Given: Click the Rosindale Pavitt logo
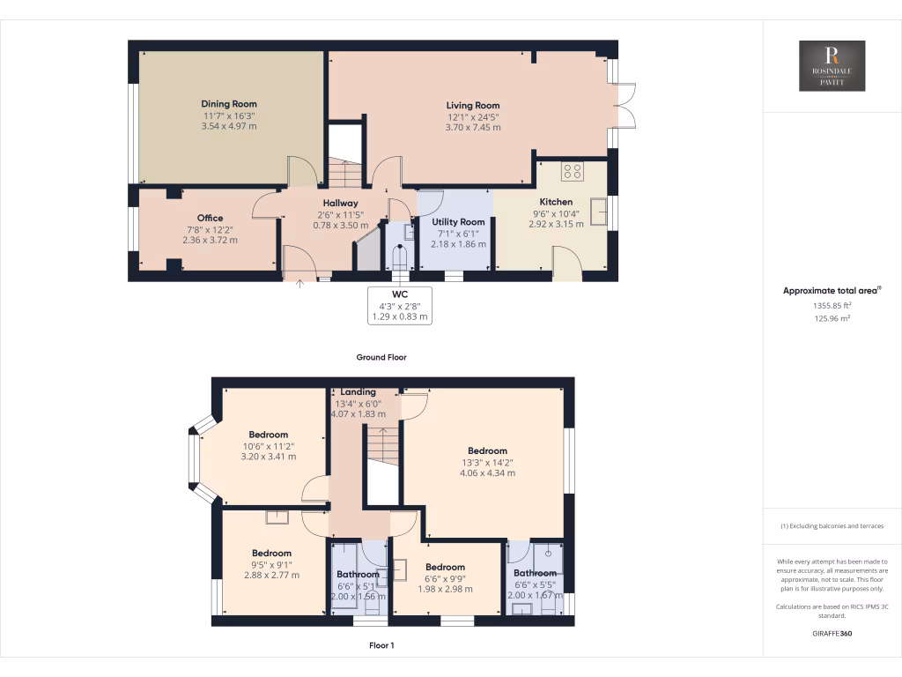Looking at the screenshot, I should coord(832,66).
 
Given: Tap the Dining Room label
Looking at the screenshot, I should coord(228,104).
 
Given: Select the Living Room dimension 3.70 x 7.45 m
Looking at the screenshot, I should coord(473,128).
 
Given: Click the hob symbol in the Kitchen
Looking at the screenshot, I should coord(572,172).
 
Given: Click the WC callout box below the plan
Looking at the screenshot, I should coord(400,304).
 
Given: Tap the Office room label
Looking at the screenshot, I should coord(210,218).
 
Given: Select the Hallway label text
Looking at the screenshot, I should coord(339,203).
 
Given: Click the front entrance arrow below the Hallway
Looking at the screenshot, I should coord(299,284).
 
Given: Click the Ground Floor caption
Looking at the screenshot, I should coord(381,358).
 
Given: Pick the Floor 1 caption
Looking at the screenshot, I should coord(381,645).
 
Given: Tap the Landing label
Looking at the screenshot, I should coord(358,392).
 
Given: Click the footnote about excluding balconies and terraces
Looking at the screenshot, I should coord(832,526).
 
